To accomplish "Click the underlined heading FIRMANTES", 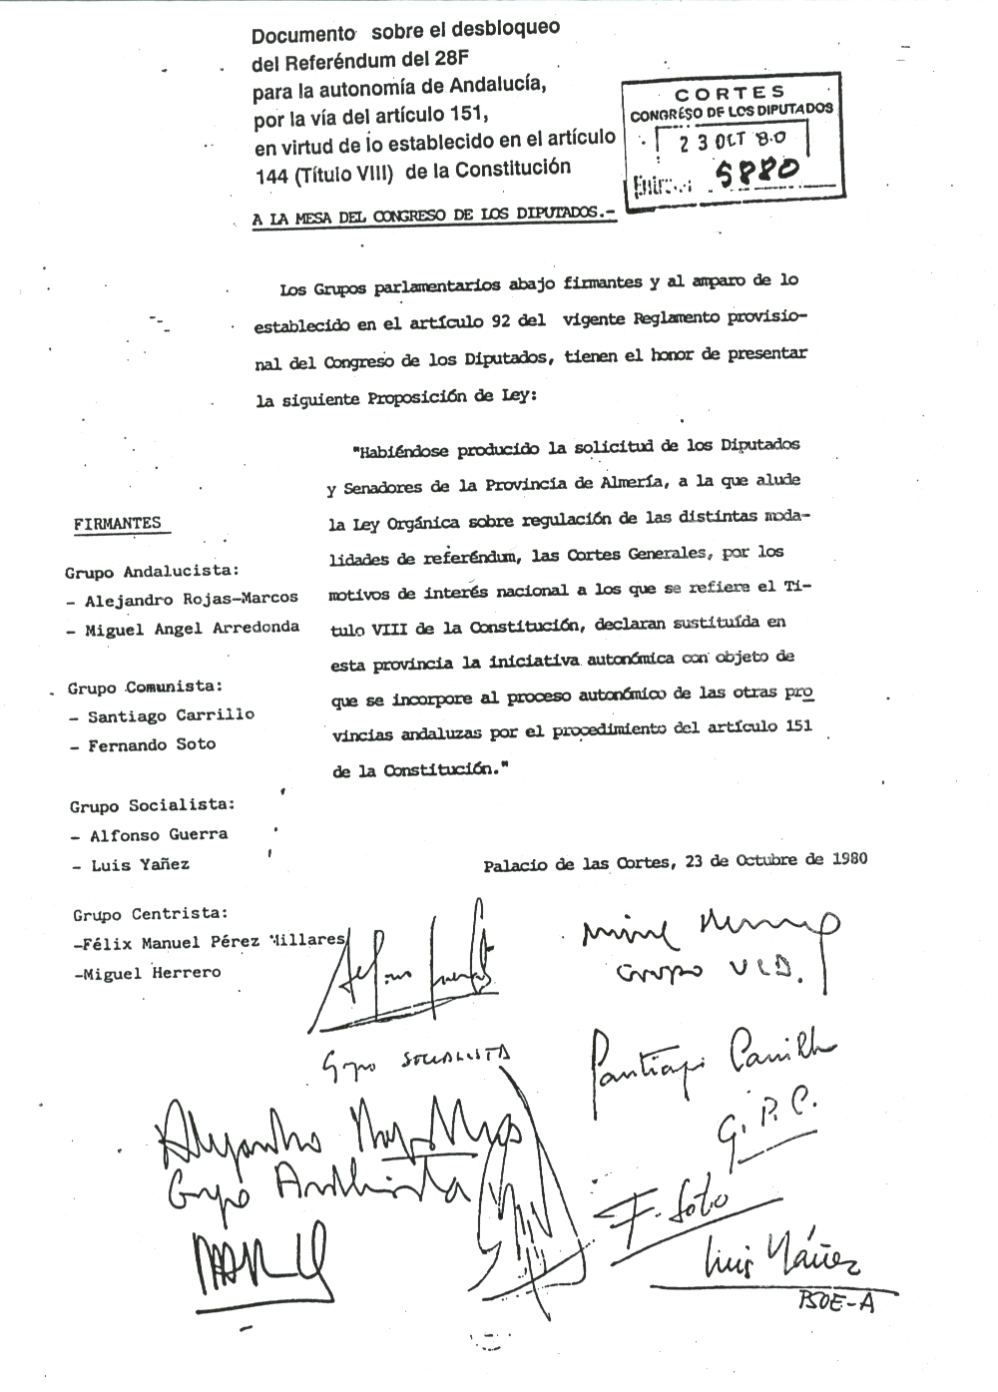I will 117,524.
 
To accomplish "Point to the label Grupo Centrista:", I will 150,914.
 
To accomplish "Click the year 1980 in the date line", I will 848,858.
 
